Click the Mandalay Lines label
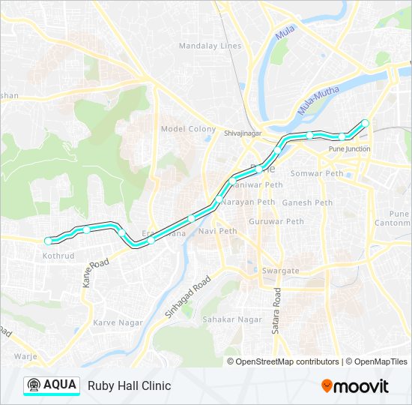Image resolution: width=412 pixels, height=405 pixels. pyautogui.click(x=210, y=46)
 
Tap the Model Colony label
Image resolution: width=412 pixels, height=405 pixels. pyautogui.click(x=188, y=129)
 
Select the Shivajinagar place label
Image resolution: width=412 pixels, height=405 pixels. pyautogui.click(x=241, y=133)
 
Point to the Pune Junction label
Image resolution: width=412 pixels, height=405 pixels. pyautogui.click(x=349, y=149)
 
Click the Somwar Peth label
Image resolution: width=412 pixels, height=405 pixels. pyautogui.click(x=321, y=173)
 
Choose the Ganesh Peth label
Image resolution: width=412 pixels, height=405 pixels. pyautogui.click(x=307, y=202)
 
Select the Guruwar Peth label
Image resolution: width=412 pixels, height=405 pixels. pyautogui.click(x=276, y=221)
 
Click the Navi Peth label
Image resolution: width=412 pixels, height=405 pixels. pyautogui.click(x=217, y=231)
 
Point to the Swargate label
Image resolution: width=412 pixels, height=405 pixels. pyautogui.click(x=279, y=271)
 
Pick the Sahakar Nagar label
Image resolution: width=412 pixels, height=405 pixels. pyautogui.click(x=227, y=319)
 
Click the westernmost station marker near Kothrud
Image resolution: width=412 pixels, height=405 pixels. pyautogui.click(x=49, y=241)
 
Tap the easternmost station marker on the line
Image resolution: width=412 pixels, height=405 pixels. pyautogui.click(x=366, y=123)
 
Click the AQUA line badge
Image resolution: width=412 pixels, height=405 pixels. pyautogui.click(x=52, y=385)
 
